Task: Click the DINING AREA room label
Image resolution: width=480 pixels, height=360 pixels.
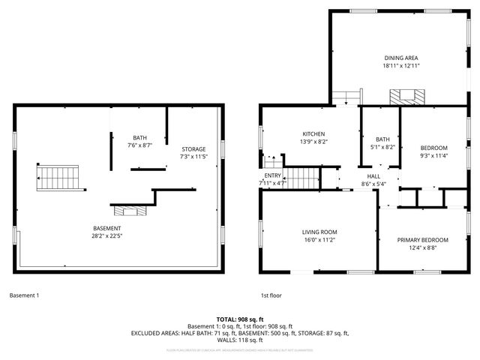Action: pos(400,58)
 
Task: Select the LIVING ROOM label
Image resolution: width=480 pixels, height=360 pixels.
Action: pos(319,232)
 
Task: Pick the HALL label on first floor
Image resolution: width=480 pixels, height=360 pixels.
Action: pos(373,175)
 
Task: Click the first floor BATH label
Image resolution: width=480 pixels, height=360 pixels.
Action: pos(382,139)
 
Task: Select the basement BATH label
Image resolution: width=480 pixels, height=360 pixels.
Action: pos(140,137)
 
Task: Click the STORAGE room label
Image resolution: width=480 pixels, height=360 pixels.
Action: pos(193,148)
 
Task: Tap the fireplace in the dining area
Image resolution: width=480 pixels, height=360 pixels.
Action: pos(406,97)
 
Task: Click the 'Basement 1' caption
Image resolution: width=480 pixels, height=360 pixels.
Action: pos(24,295)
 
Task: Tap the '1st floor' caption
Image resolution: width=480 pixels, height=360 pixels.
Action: pos(271,295)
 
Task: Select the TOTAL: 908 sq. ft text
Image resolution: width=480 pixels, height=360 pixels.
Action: pos(240,319)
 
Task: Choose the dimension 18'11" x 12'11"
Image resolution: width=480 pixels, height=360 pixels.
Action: pos(400,66)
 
